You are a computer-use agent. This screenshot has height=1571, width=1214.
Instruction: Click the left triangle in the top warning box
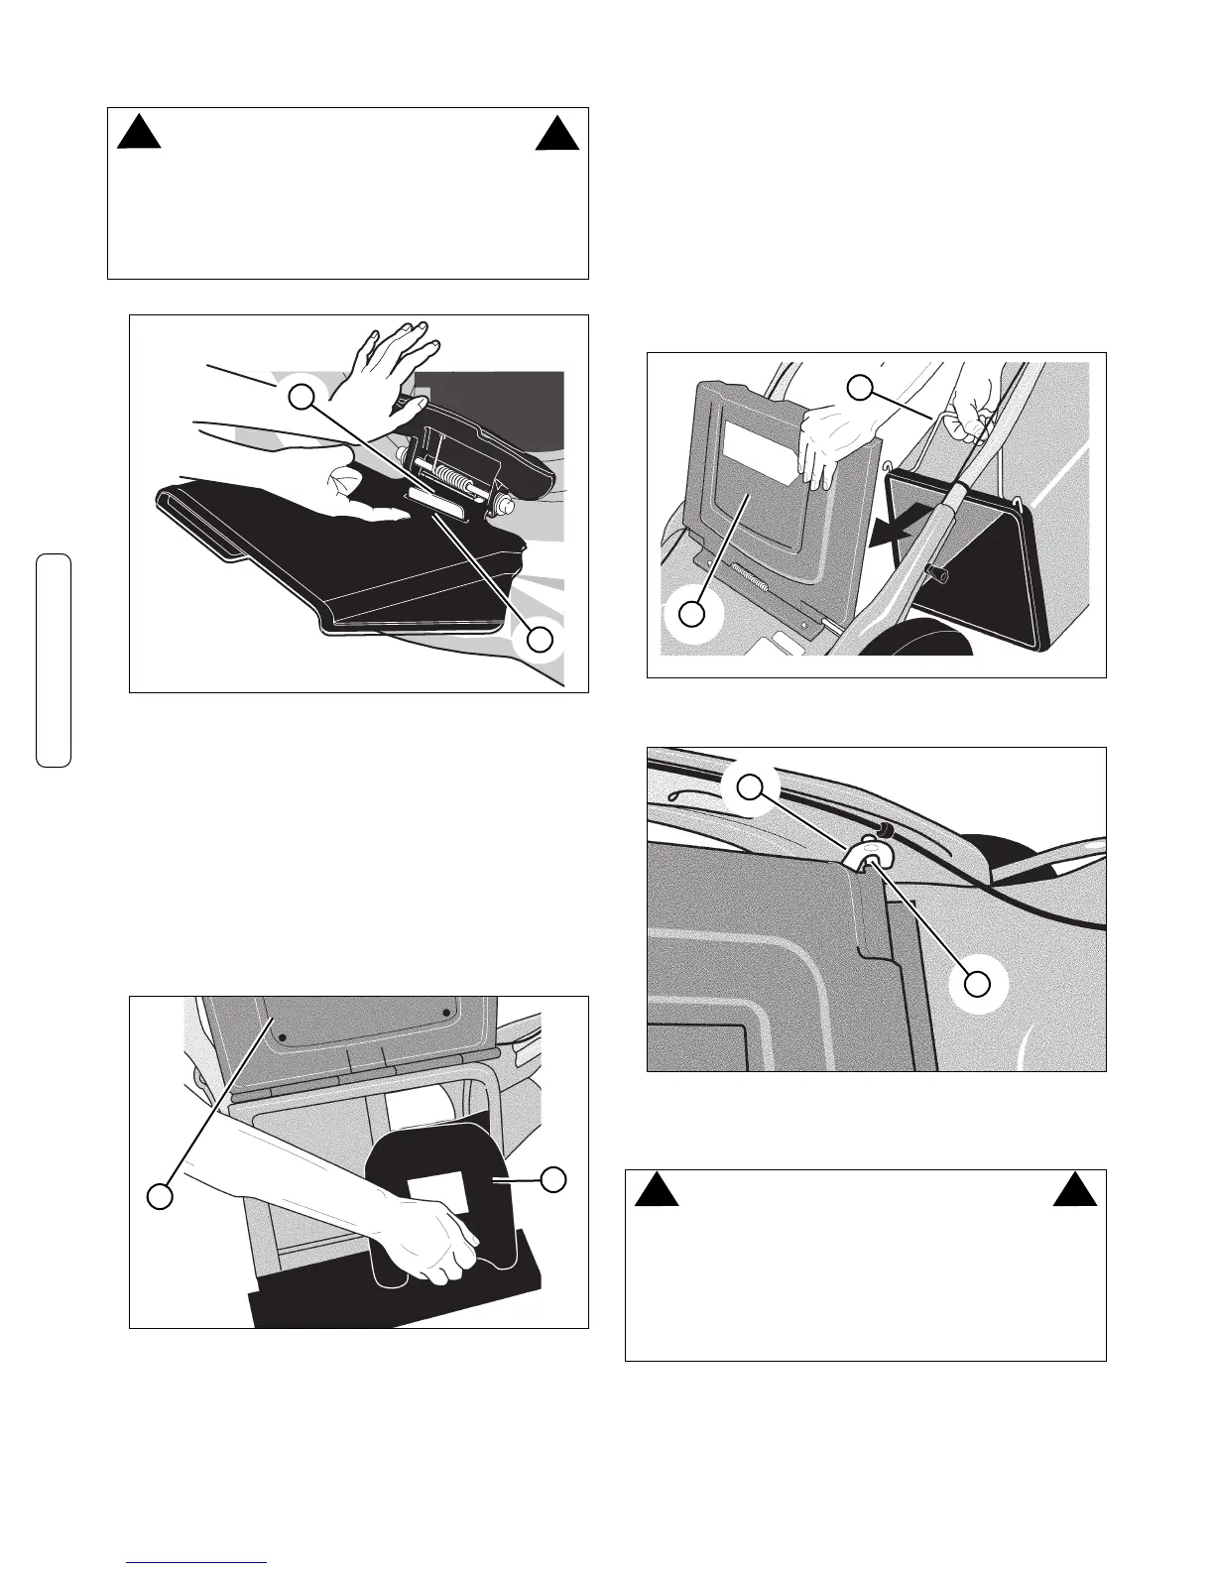(x=138, y=133)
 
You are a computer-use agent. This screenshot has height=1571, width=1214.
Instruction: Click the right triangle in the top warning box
(x=557, y=133)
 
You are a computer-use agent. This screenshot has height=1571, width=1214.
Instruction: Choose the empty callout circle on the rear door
(x=691, y=614)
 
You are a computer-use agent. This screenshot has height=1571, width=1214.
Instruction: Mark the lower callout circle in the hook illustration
(x=977, y=984)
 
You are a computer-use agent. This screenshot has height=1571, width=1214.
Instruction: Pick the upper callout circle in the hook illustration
(x=751, y=787)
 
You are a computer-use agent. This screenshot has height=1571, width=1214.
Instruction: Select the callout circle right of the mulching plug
(x=552, y=1178)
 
